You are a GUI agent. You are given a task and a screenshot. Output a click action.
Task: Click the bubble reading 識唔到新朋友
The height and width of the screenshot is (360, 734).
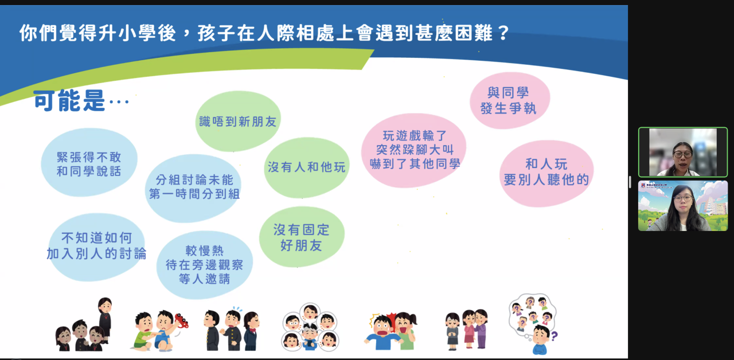pos(238,121)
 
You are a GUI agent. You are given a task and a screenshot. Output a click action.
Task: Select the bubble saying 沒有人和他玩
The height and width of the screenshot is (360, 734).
pos(307,167)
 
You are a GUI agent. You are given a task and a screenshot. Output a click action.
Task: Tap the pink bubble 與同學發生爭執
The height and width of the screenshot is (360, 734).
pos(510,100)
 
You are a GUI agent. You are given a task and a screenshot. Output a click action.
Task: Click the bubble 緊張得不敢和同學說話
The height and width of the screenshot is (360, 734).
pos(89,162)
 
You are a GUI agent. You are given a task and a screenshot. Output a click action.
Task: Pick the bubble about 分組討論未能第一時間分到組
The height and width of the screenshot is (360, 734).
pos(193,188)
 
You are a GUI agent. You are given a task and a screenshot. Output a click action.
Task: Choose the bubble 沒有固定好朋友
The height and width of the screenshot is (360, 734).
pos(302,237)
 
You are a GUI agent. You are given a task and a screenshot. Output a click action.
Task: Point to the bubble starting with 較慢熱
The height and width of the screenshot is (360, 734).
pos(205,265)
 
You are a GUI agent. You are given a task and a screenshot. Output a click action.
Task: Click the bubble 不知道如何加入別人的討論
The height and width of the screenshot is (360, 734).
pos(96,247)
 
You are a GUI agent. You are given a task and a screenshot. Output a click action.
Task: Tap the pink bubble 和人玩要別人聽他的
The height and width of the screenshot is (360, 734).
pos(546,174)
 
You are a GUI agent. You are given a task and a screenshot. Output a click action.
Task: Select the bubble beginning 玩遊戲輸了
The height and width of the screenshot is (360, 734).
pos(414,151)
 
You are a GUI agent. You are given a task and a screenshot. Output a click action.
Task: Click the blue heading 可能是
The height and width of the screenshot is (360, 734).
pos(69,100)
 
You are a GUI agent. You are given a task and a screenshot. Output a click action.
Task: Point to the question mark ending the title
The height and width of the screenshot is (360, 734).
pos(503,33)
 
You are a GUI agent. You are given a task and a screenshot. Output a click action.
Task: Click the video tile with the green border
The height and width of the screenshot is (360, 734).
pos(683,152)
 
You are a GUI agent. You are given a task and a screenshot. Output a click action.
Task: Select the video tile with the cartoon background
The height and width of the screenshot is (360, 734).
pos(683,206)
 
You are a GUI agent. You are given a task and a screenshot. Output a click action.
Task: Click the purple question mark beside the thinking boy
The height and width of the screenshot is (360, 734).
pos(554,336)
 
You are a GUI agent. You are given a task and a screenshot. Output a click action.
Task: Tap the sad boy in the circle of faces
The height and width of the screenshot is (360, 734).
pos(310,334)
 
